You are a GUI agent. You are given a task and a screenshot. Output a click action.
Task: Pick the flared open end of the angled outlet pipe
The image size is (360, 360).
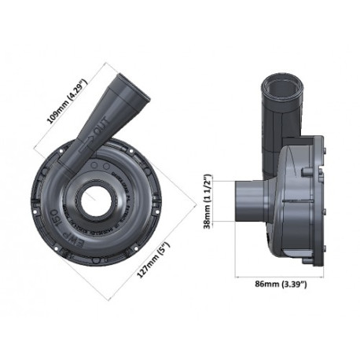pos(130,86)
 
